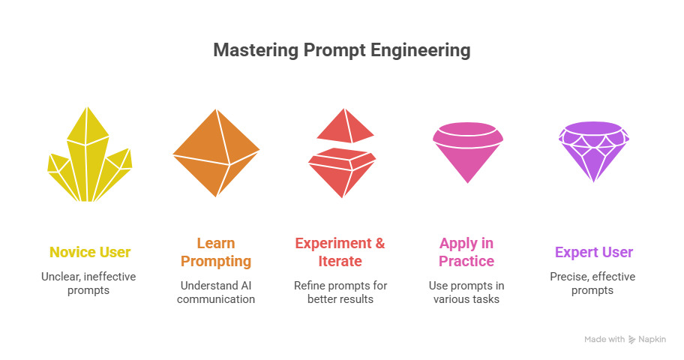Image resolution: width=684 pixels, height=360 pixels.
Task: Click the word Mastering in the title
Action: point(256,50)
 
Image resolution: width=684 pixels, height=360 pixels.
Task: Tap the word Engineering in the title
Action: point(421,51)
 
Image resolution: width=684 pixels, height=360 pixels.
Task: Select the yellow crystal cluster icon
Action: point(89,154)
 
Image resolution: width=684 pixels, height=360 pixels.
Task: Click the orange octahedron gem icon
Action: point(216,153)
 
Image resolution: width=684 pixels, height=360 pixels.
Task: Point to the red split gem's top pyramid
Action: point(346,126)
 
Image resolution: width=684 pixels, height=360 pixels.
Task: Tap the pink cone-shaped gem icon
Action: point(468,152)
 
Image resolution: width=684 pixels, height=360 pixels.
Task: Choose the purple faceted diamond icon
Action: point(594,151)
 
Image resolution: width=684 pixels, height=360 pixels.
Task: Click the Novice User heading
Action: point(90,252)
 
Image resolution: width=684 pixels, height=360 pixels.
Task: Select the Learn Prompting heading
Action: point(216,252)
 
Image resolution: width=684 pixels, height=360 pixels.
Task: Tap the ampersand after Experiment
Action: point(380,243)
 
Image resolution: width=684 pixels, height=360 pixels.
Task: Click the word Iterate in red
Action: point(340,261)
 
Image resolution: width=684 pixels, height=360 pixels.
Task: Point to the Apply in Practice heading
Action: point(466,252)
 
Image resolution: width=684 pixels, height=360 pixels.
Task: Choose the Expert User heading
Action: point(594,252)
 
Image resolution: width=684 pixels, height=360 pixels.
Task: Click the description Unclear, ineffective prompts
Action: point(88,283)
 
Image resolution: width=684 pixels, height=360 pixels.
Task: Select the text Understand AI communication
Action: point(216,292)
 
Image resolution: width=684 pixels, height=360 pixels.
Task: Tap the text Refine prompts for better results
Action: point(340,292)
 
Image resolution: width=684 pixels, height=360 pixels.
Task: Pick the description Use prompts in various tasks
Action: point(466,292)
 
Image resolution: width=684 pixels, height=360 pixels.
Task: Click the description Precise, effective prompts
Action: point(592,283)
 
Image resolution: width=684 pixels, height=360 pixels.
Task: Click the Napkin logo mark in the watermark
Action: point(632,340)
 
